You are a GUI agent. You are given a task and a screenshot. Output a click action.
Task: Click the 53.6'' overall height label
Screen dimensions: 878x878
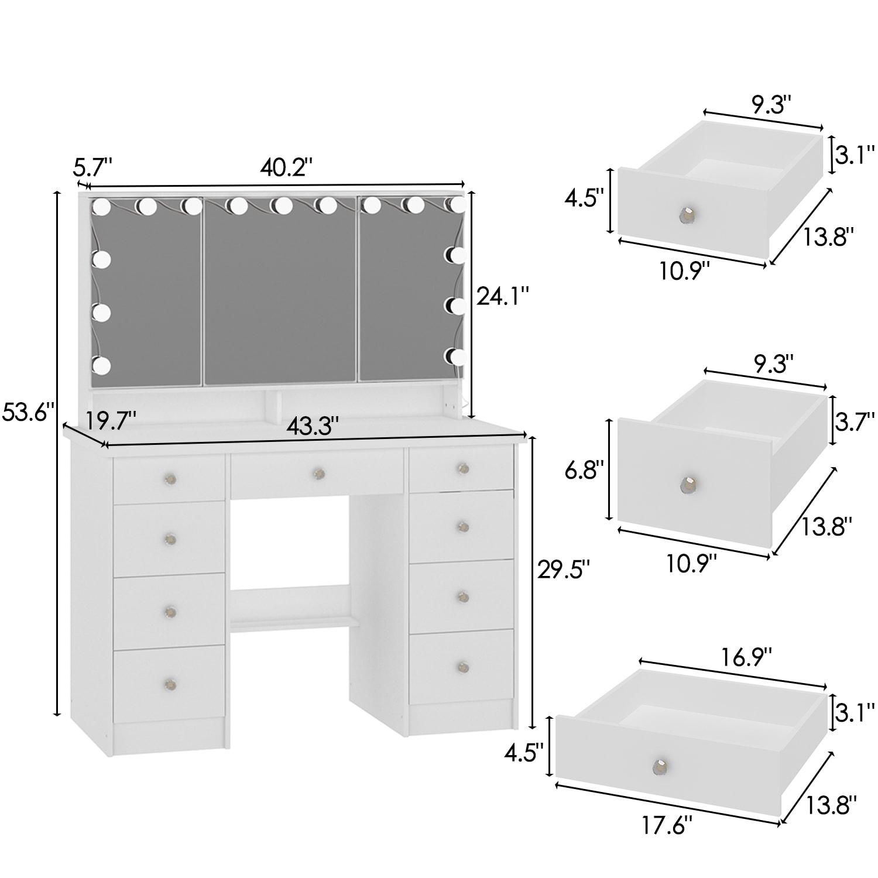coord(28,411)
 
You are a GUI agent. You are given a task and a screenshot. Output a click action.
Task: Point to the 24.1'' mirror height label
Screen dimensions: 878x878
coord(502,296)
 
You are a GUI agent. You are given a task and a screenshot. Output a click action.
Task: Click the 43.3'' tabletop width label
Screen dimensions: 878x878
coord(313,426)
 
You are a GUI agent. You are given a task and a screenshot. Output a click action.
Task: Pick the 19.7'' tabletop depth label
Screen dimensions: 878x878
coord(111,420)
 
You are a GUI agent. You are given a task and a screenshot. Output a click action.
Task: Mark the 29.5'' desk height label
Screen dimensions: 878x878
coord(564,570)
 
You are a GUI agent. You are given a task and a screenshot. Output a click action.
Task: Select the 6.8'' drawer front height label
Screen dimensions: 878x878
coord(584,471)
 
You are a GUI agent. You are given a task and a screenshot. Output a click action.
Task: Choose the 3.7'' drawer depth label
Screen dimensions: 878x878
coord(855,420)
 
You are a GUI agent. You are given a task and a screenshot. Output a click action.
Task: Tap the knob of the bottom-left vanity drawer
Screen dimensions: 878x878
coord(170,683)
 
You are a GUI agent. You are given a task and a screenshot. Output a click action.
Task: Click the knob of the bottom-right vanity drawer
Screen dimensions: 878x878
coord(463,666)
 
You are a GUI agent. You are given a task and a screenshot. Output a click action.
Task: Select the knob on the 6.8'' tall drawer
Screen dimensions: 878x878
coord(688,485)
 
